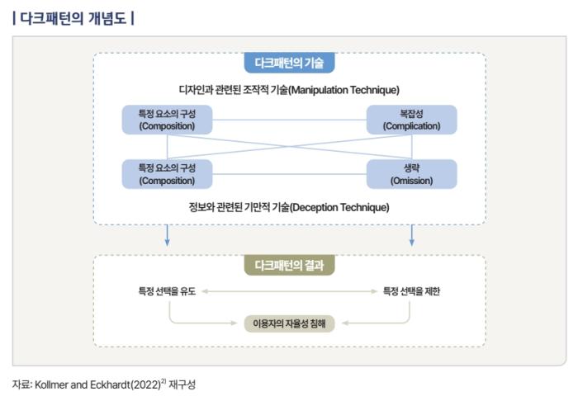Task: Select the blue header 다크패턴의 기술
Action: pyautogui.click(x=289, y=64)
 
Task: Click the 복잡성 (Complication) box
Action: pyautogui.click(x=411, y=120)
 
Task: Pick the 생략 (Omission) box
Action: pyautogui.click(x=411, y=174)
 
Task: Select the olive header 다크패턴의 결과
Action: pyautogui.click(x=289, y=266)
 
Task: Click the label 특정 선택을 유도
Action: pyautogui.click(x=167, y=291)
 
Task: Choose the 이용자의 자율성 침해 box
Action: pyautogui.click(x=289, y=323)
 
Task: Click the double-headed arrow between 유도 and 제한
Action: pyautogui.click(x=289, y=291)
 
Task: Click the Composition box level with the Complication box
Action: pyautogui.click(x=167, y=120)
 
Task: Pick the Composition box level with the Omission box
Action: pyautogui.click(x=167, y=174)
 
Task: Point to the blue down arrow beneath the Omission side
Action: pyautogui.click(x=411, y=236)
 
